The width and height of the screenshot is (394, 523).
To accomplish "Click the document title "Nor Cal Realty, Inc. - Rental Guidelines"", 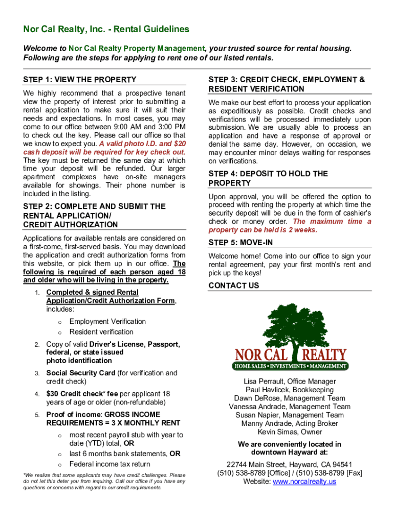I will (106, 30).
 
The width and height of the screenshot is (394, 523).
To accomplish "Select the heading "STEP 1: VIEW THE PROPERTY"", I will (80, 80).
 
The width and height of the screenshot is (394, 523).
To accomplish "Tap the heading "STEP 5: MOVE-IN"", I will (240, 242).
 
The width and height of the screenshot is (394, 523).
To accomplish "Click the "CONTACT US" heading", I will (234, 286).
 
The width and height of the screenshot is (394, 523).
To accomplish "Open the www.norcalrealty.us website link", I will (304, 481).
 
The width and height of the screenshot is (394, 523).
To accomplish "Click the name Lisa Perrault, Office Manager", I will (290, 382).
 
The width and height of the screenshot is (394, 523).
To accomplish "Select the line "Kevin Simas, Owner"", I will (290, 432).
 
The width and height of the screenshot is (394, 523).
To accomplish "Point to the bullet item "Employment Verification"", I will (107, 321).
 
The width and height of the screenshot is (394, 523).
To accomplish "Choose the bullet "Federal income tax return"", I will (110, 464).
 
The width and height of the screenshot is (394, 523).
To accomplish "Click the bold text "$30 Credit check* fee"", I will (82, 394).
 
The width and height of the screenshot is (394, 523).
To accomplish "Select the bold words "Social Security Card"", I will (80, 373).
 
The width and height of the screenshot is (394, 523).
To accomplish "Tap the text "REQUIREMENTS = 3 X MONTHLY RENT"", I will (113, 423).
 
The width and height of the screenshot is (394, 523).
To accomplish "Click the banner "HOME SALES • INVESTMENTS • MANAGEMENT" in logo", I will (291, 366).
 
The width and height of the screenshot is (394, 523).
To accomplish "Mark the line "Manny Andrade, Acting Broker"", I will (290, 423).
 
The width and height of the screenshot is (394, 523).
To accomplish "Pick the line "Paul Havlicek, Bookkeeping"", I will (290, 390).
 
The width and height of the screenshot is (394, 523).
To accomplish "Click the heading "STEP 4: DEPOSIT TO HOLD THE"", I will (268, 174).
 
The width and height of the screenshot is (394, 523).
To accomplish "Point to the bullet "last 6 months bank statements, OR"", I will (125, 454).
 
